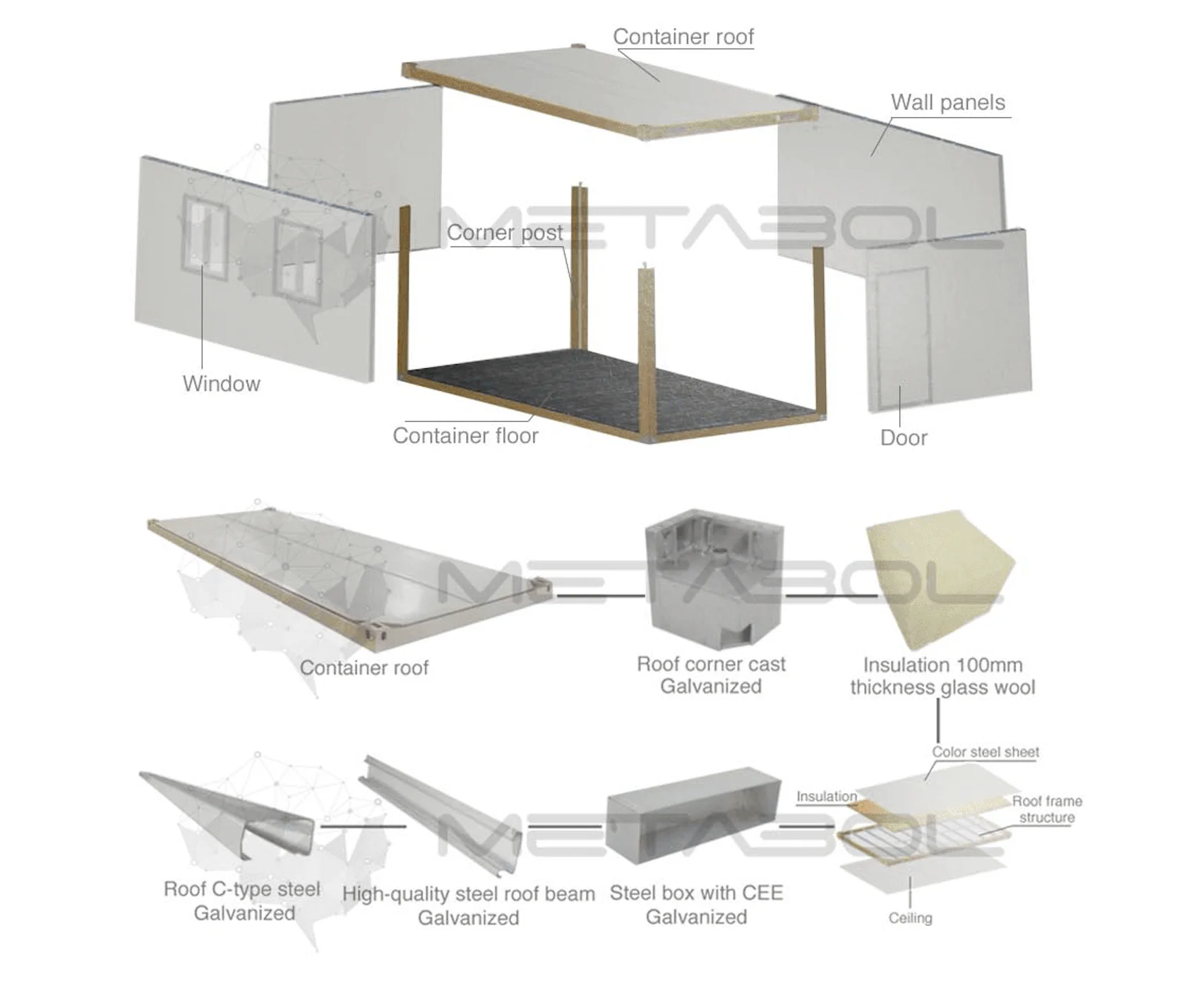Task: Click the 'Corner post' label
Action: [505, 232]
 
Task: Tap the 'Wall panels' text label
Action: [947, 102]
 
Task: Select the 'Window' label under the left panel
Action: [221, 384]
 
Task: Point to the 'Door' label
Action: [903, 437]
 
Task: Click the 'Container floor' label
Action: [465, 435]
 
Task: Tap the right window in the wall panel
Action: [297, 258]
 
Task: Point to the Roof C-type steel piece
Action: [233, 811]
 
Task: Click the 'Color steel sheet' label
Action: [986, 752]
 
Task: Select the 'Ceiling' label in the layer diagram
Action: [910, 918]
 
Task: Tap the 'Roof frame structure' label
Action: [1046, 809]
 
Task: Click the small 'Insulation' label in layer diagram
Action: [826, 797]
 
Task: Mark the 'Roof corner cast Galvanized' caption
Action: [711, 675]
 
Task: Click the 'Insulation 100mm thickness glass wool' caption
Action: [942, 676]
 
